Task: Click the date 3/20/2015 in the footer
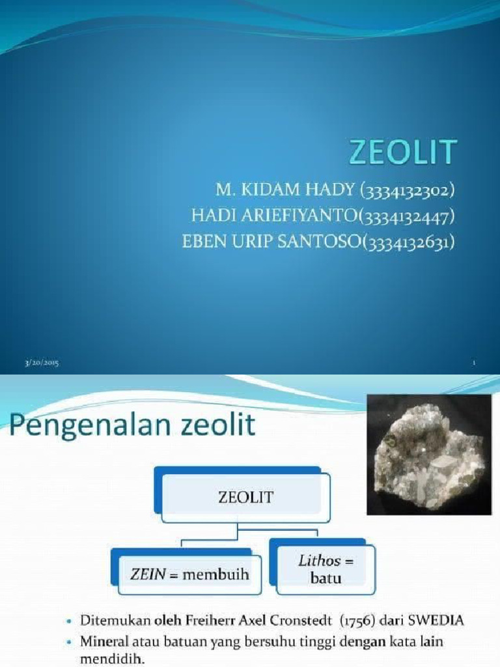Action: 42,363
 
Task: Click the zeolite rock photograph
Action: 428,454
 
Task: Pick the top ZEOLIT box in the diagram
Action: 242,497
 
